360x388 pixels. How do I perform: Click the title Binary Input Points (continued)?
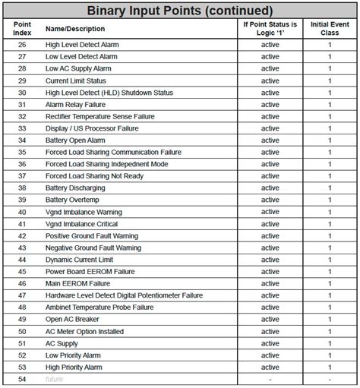pyautogui.click(x=179, y=11)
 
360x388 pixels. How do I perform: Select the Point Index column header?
pyautogui.click(x=22, y=29)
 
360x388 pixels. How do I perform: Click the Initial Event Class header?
pyautogui.click(x=329, y=29)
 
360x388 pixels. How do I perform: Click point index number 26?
pyautogui.click(x=22, y=45)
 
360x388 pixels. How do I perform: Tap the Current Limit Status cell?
pyautogui.click(x=77, y=80)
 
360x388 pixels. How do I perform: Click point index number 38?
pyautogui.click(x=22, y=188)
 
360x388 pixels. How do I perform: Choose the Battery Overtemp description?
pyautogui.click(x=73, y=200)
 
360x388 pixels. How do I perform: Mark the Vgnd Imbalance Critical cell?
pyautogui.click(x=81, y=224)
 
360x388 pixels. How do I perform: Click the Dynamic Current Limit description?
pyautogui.click(x=79, y=260)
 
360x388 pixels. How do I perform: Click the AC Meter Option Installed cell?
pyautogui.click(x=84, y=331)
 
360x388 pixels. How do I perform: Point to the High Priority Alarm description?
pyautogui.click(x=74, y=367)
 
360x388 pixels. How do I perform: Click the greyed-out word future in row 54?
pyautogui.click(x=55, y=379)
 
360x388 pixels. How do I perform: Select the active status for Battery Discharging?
pyautogui.click(x=270, y=188)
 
